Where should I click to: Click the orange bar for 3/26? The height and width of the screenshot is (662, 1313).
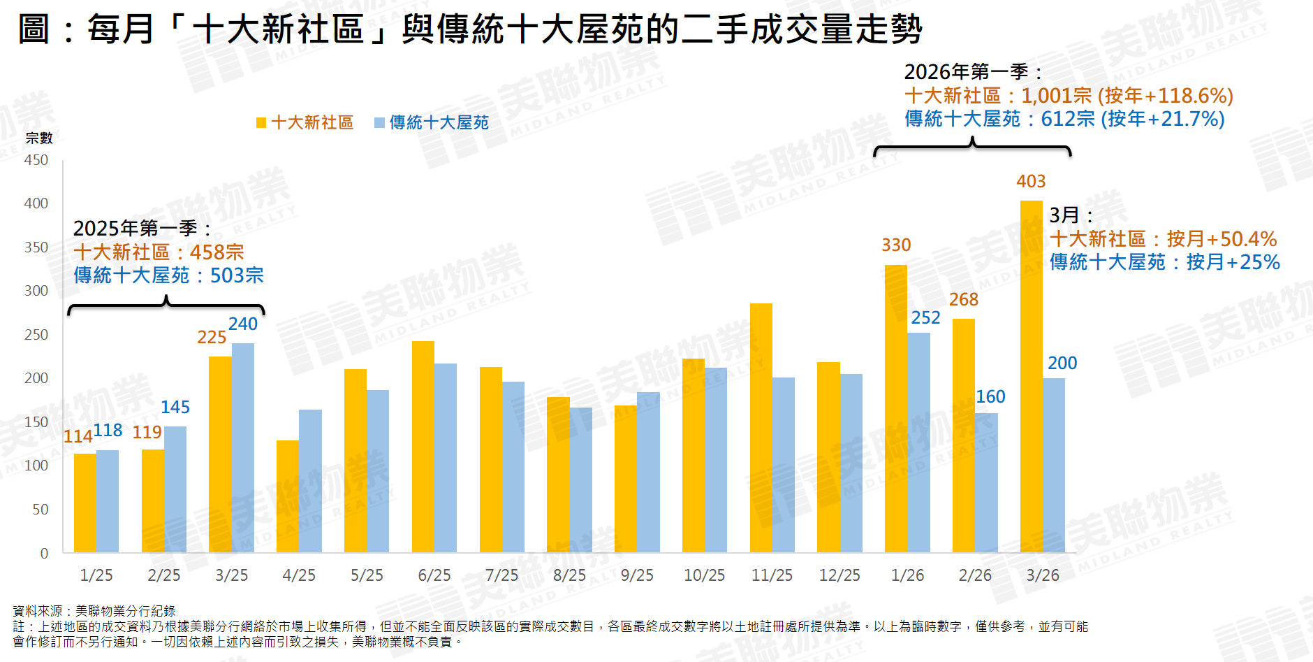(1031, 377)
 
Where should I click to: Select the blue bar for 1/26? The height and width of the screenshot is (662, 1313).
(918, 442)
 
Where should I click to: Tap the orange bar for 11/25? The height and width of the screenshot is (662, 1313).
(761, 428)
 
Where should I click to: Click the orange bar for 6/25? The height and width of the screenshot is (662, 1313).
(423, 447)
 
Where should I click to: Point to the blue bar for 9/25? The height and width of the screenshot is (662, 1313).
(648, 473)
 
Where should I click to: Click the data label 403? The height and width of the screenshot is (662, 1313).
(1031, 182)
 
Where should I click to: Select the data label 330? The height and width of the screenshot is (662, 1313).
(896, 245)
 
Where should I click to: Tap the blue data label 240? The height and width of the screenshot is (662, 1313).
(243, 324)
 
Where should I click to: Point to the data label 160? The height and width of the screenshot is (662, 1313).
(990, 397)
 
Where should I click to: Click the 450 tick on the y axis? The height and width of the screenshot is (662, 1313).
(36, 160)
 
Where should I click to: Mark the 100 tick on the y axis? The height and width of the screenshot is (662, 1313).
(36, 466)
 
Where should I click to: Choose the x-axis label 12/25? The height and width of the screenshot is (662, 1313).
(839, 575)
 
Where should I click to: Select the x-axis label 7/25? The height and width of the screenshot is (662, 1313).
(501, 575)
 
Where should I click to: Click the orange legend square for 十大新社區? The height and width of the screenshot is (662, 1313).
(261, 123)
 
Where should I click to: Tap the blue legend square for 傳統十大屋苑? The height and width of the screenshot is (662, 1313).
(379, 123)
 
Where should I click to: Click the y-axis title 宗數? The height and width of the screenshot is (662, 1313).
(39, 138)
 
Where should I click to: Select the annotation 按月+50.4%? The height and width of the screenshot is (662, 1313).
(1222, 239)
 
